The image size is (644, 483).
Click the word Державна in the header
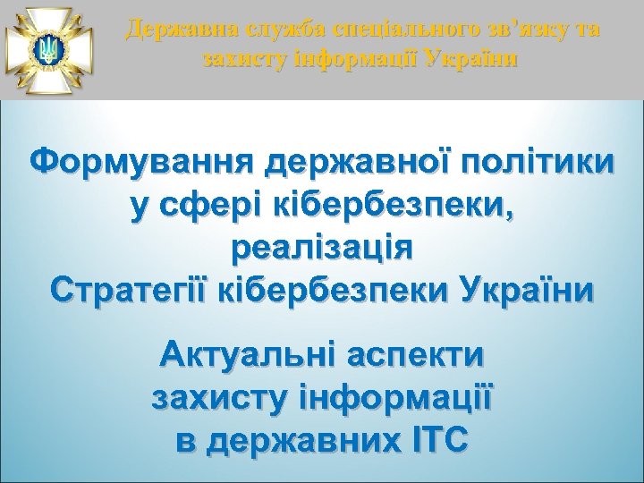[170, 30]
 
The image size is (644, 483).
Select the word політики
[537, 165]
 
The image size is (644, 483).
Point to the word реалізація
[322, 248]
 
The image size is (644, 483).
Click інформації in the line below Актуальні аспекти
[385, 398]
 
